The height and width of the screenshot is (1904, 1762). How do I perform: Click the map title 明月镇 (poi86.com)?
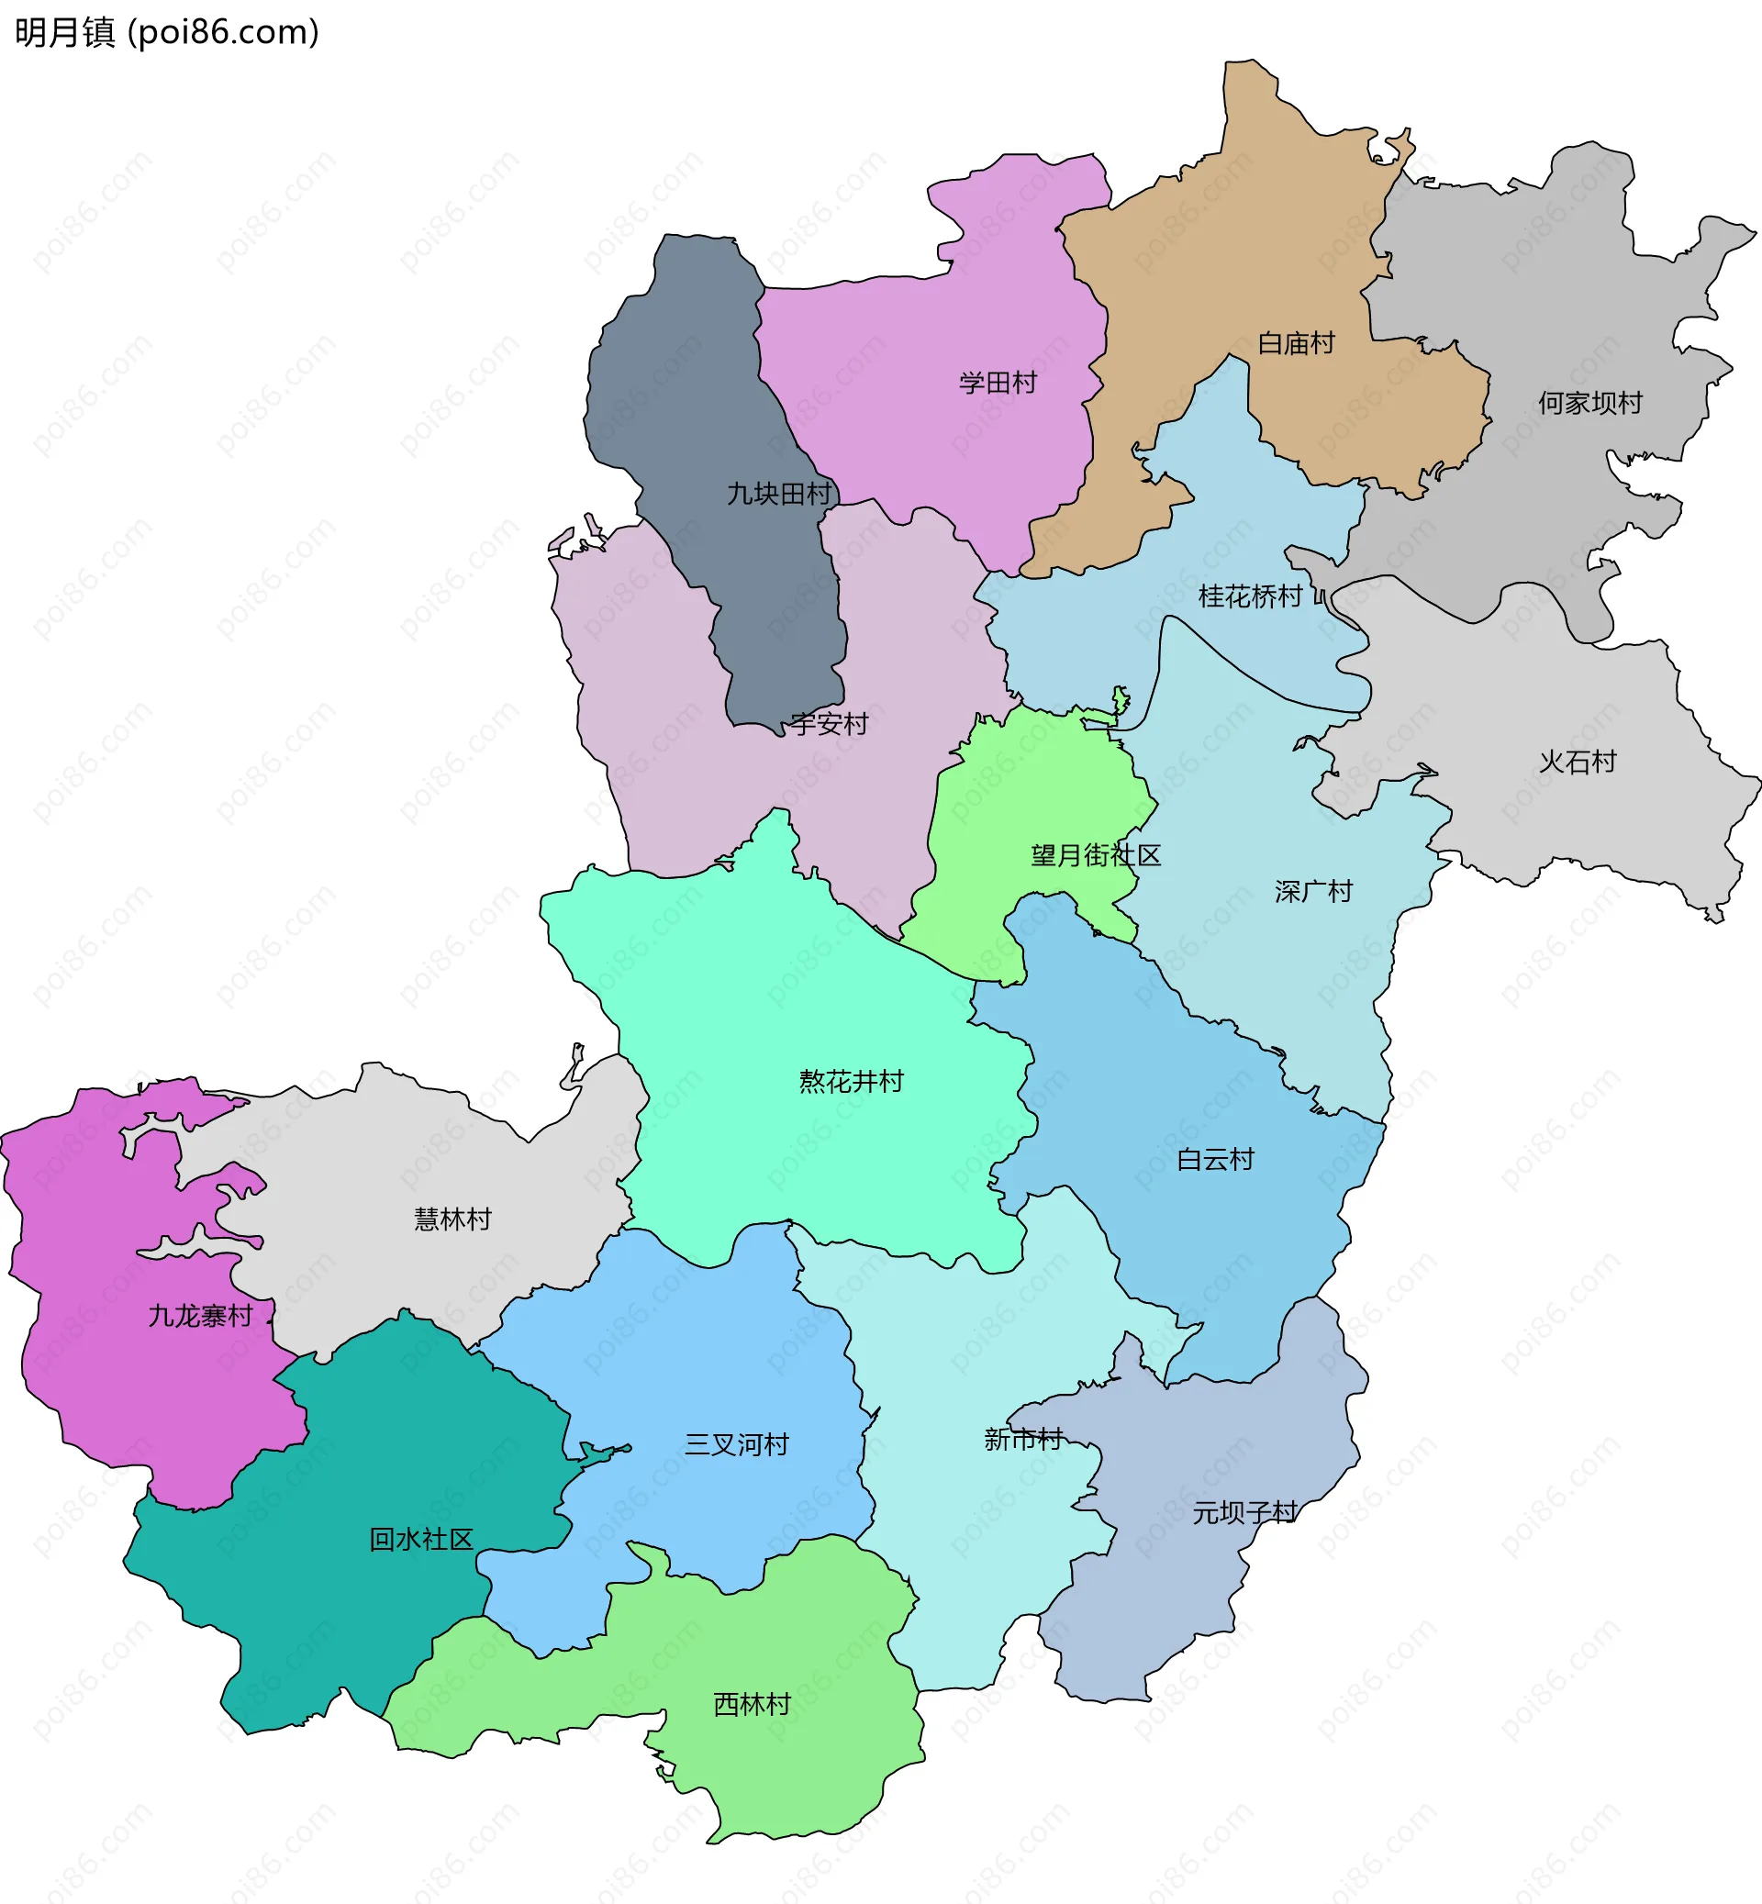pos(167,32)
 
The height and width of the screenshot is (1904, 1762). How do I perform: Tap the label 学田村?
pos(998,384)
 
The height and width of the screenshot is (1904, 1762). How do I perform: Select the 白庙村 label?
pos(1296,343)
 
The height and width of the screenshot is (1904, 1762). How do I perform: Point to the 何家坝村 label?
pos(1589,404)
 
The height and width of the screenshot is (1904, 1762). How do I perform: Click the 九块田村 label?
pos(779,494)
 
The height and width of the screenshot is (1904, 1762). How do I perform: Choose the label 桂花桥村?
pos(1250,596)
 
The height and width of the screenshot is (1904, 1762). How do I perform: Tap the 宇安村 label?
pos(829,725)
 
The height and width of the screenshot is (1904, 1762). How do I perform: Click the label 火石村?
pos(1578,762)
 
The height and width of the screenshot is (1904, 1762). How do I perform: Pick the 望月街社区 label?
pos(1096,855)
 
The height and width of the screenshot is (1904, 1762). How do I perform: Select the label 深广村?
pos(1313,892)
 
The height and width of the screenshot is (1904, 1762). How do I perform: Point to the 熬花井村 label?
pos(851,1081)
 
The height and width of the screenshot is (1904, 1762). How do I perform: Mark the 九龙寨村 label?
pos(200,1317)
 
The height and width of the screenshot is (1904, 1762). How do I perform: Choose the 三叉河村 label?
pos(736,1444)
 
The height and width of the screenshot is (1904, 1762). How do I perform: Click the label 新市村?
pos(1023,1440)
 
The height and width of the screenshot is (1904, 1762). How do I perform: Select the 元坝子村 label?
pos(1244,1513)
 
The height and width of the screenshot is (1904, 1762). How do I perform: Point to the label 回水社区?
pos(420,1539)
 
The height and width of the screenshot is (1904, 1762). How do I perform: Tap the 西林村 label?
pos(753,1704)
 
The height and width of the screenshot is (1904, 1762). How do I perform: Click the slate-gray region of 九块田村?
pos(686,382)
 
